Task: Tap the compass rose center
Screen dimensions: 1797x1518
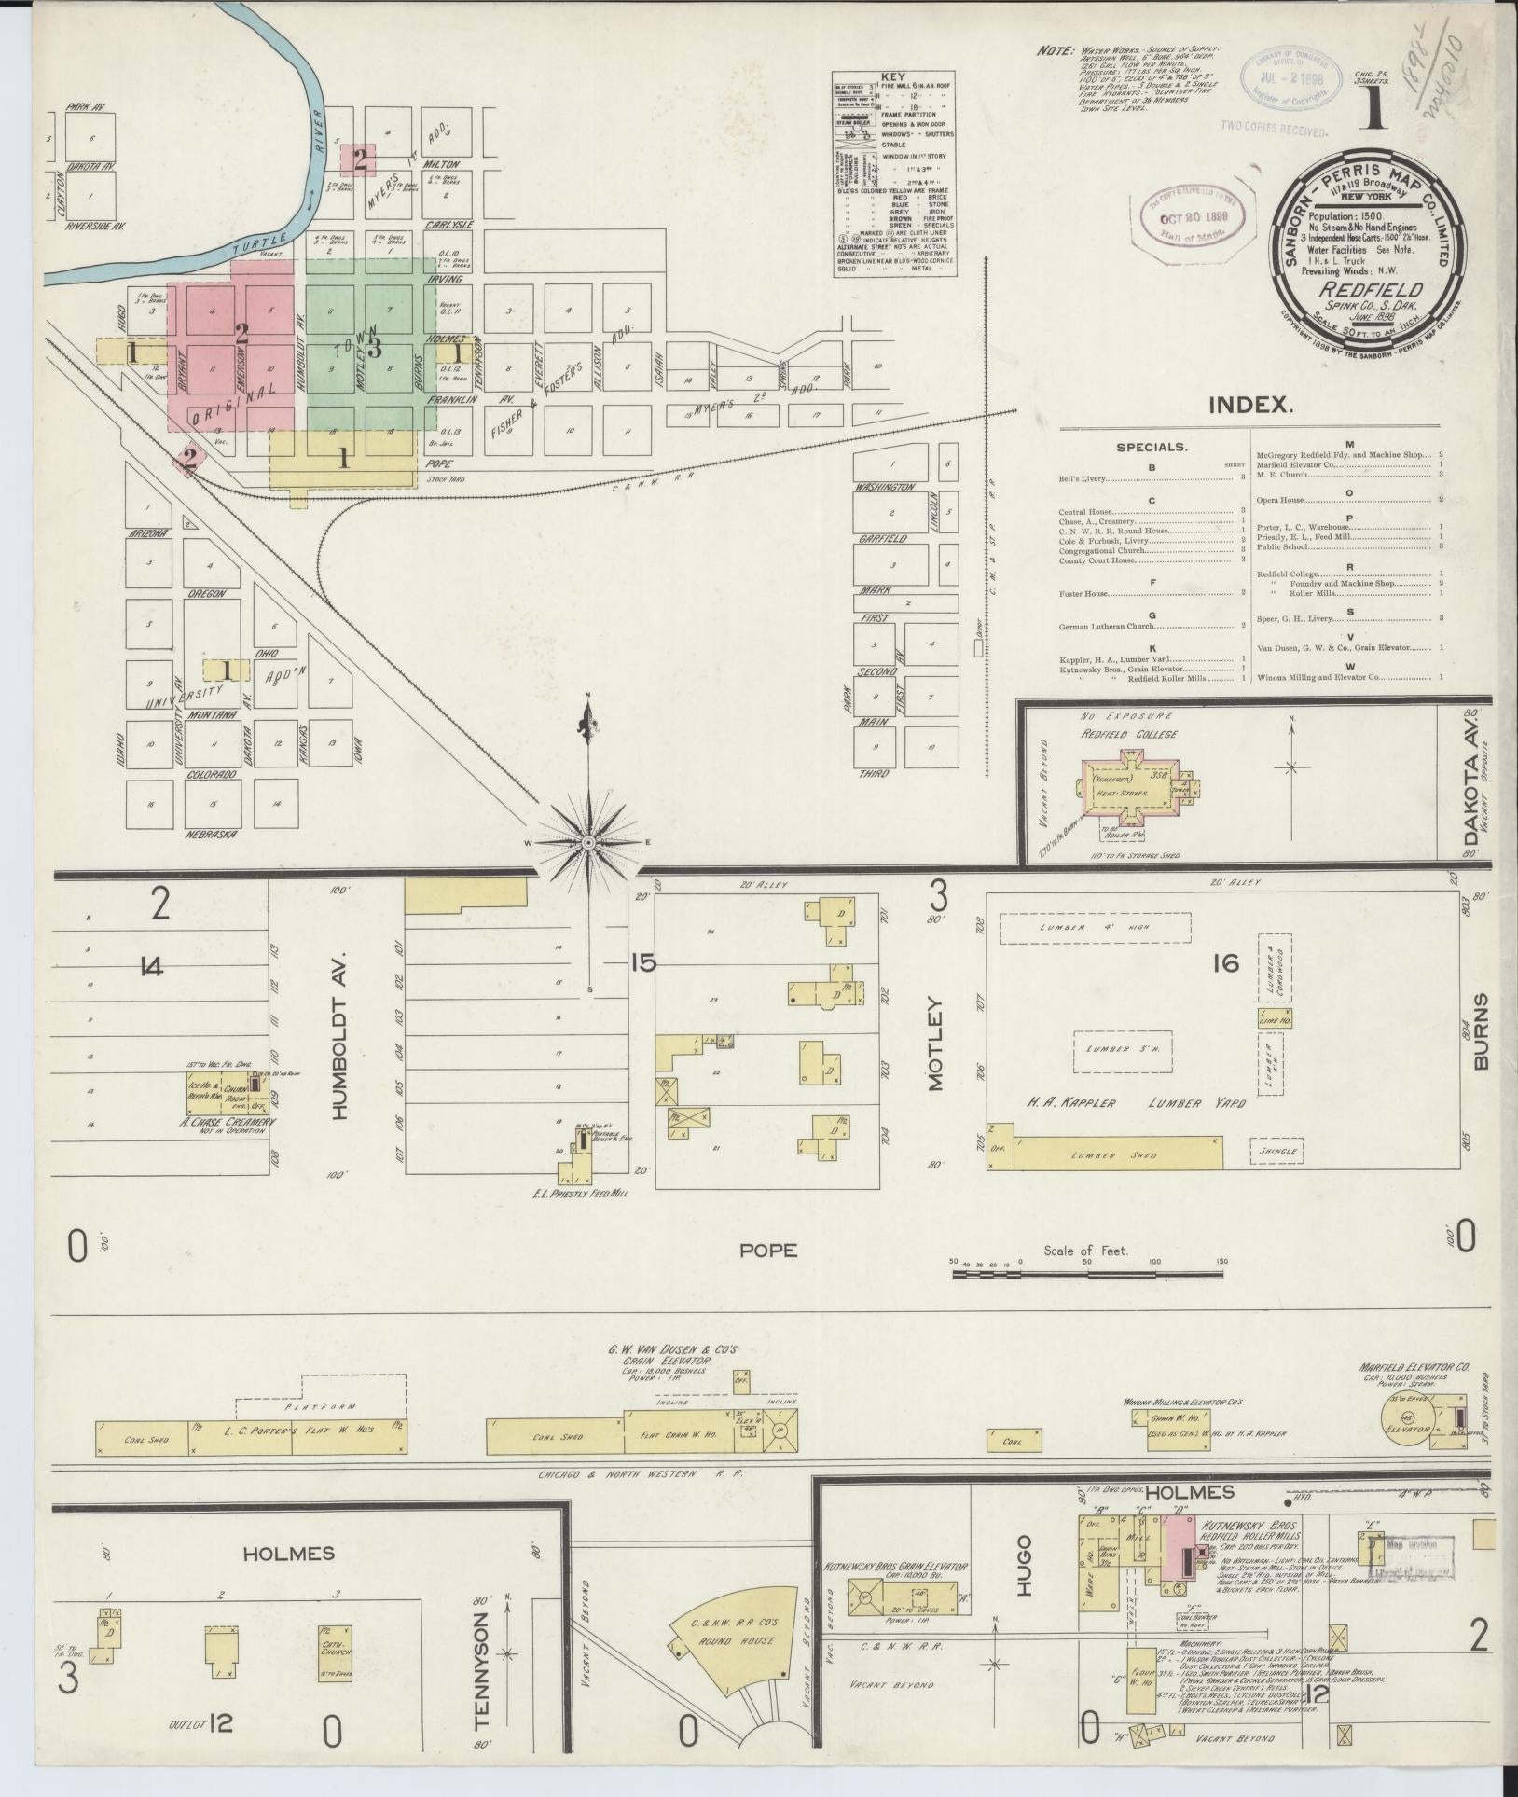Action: pyautogui.click(x=588, y=843)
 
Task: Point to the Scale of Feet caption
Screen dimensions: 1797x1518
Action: pyautogui.click(x=1085, y=1251)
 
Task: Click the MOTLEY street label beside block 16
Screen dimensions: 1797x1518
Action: pyautogui.click(x=935, y=1044)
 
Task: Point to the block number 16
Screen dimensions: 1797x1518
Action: pyautogui.click(x=1227, y=962)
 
